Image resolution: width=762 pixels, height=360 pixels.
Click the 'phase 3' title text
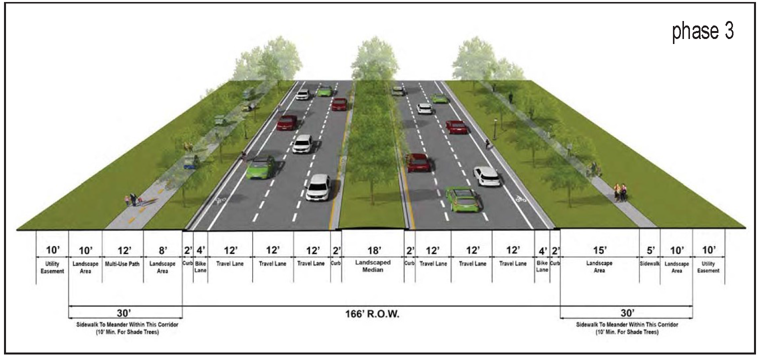click(703, 31)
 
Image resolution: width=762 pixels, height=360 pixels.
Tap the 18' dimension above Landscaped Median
click(374, 250)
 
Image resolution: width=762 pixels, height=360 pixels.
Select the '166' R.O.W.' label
click(372, 314)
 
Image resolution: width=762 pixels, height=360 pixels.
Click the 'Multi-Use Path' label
click(122, 264)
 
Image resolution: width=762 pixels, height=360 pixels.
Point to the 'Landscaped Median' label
click(373, 266)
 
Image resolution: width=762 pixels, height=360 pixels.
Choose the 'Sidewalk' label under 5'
click(649, 263)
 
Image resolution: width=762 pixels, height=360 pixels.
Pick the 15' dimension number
click(599, 250)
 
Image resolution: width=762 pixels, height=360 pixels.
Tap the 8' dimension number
click(163, 250)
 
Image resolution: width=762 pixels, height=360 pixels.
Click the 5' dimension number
click(650, 250)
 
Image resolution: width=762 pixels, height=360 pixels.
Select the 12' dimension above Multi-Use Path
click(124, 250)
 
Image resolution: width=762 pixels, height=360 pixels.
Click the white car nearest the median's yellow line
click(318, 187)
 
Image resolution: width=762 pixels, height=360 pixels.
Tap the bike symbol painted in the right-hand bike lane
click(520, 198)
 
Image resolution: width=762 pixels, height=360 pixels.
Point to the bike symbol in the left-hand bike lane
click(221, 200)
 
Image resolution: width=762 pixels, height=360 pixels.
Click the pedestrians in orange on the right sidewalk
click(620, 192)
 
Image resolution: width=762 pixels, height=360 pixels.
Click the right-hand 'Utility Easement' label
click(708, 267)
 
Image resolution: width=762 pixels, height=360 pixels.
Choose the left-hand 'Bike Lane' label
click(200, 267)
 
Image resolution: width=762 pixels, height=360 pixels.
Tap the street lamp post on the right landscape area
click(495, 129)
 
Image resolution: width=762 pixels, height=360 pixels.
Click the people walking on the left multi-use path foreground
click(133, 199)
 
